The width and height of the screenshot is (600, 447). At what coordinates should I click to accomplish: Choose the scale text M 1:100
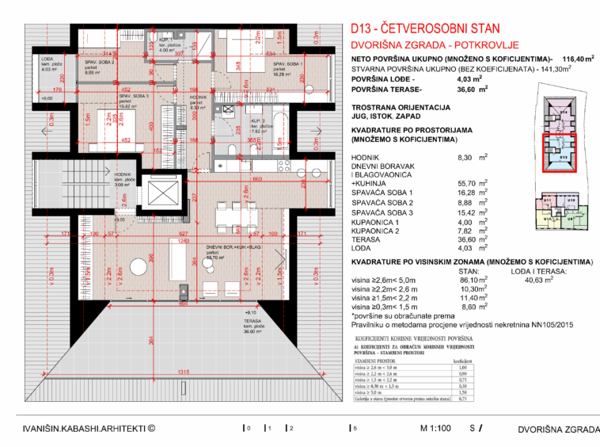(437, 428)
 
